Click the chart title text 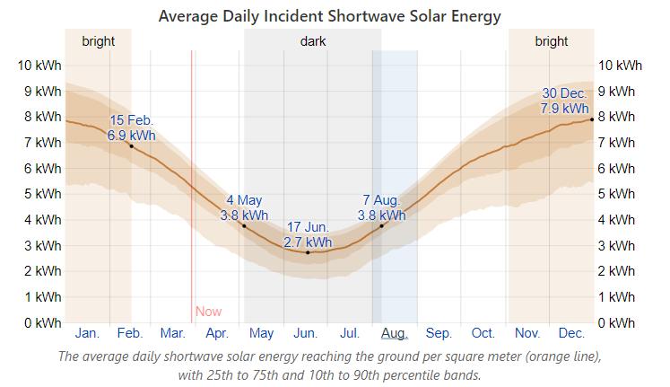(329, 16)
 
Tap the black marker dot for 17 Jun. (308, 252)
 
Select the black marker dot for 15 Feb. (131, 145)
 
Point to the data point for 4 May (244, 225)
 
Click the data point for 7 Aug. (381, 225)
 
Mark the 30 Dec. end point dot (591, 119)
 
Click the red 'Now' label (208, 312)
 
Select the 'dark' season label (313, 41)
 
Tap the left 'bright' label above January (98, 41)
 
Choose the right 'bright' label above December (551, 41)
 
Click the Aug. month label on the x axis (394, 333)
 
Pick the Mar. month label (172, 333)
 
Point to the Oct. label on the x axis (483, 333)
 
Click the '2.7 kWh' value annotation (308, 242)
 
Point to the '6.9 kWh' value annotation (131, 136)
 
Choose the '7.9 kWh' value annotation (564, 109)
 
